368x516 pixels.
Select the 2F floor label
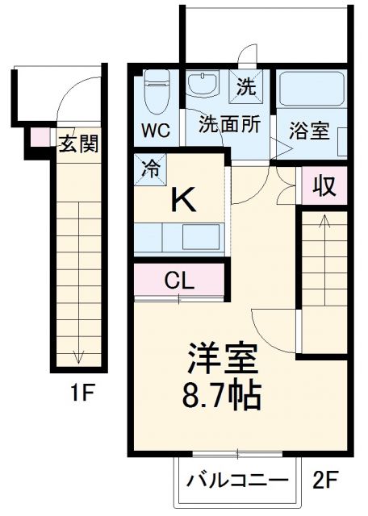328,481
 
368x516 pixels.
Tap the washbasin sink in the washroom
202,85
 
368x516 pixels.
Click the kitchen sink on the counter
199,237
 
